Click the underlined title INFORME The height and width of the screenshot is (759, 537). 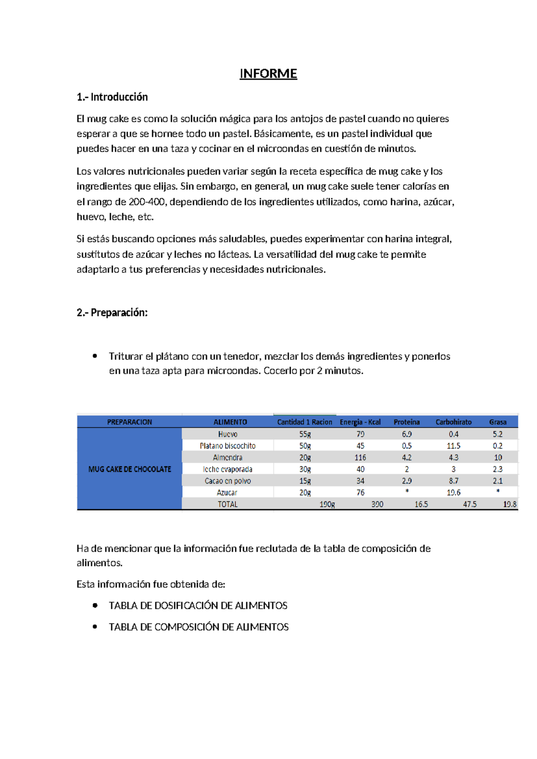point(268,73)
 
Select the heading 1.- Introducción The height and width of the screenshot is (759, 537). point(112,97)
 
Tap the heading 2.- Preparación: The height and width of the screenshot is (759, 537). point(112,312)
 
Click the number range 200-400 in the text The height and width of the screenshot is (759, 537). point(146,202)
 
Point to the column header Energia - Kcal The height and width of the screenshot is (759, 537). point(360,422)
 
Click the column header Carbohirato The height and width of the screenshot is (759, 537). point(453,422)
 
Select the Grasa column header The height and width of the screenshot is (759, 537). point(498,422)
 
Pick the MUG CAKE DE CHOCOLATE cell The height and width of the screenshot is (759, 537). point(130,469)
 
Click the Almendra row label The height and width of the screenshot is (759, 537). point(227,457)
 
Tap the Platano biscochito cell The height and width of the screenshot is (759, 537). point(227,446)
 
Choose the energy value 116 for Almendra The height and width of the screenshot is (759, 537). point(360,457)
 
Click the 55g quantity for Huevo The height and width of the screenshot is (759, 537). point(305,434)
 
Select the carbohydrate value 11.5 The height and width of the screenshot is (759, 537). point(453,446)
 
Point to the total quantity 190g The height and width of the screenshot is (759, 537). point(327,504)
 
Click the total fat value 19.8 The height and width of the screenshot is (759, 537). point(509,504)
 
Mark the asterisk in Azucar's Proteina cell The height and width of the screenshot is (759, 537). point(407,492)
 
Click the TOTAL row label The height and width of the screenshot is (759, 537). point(227,504)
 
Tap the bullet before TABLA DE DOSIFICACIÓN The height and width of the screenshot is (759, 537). point(95,605)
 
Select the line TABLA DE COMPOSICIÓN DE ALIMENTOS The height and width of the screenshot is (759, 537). point(198,627)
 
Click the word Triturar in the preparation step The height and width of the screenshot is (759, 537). point(125,356)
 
